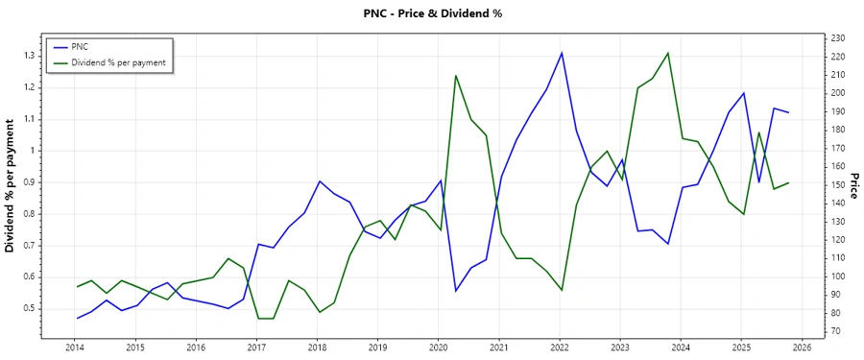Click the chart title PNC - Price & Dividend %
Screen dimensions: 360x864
click(433, 13)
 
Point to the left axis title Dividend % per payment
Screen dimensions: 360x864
click(11, 186)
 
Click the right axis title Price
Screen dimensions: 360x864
click(853, 186)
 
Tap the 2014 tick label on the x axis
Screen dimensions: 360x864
click(74, 348)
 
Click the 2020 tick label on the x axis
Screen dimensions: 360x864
click(438, 348)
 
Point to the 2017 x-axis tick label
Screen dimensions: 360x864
click(256, 348)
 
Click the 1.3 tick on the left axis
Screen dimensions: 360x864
click(29, 56)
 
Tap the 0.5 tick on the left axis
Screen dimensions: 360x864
click(29, 308)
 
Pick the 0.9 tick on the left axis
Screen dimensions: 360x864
click(29, 182)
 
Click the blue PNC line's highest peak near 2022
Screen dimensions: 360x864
click(562, 53)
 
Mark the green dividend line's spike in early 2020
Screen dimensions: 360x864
click(455, 76)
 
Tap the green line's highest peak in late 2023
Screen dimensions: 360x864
click(668, 53)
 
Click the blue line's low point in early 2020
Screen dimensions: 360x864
click(455, 290)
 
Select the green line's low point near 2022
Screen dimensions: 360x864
click(562, 290)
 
